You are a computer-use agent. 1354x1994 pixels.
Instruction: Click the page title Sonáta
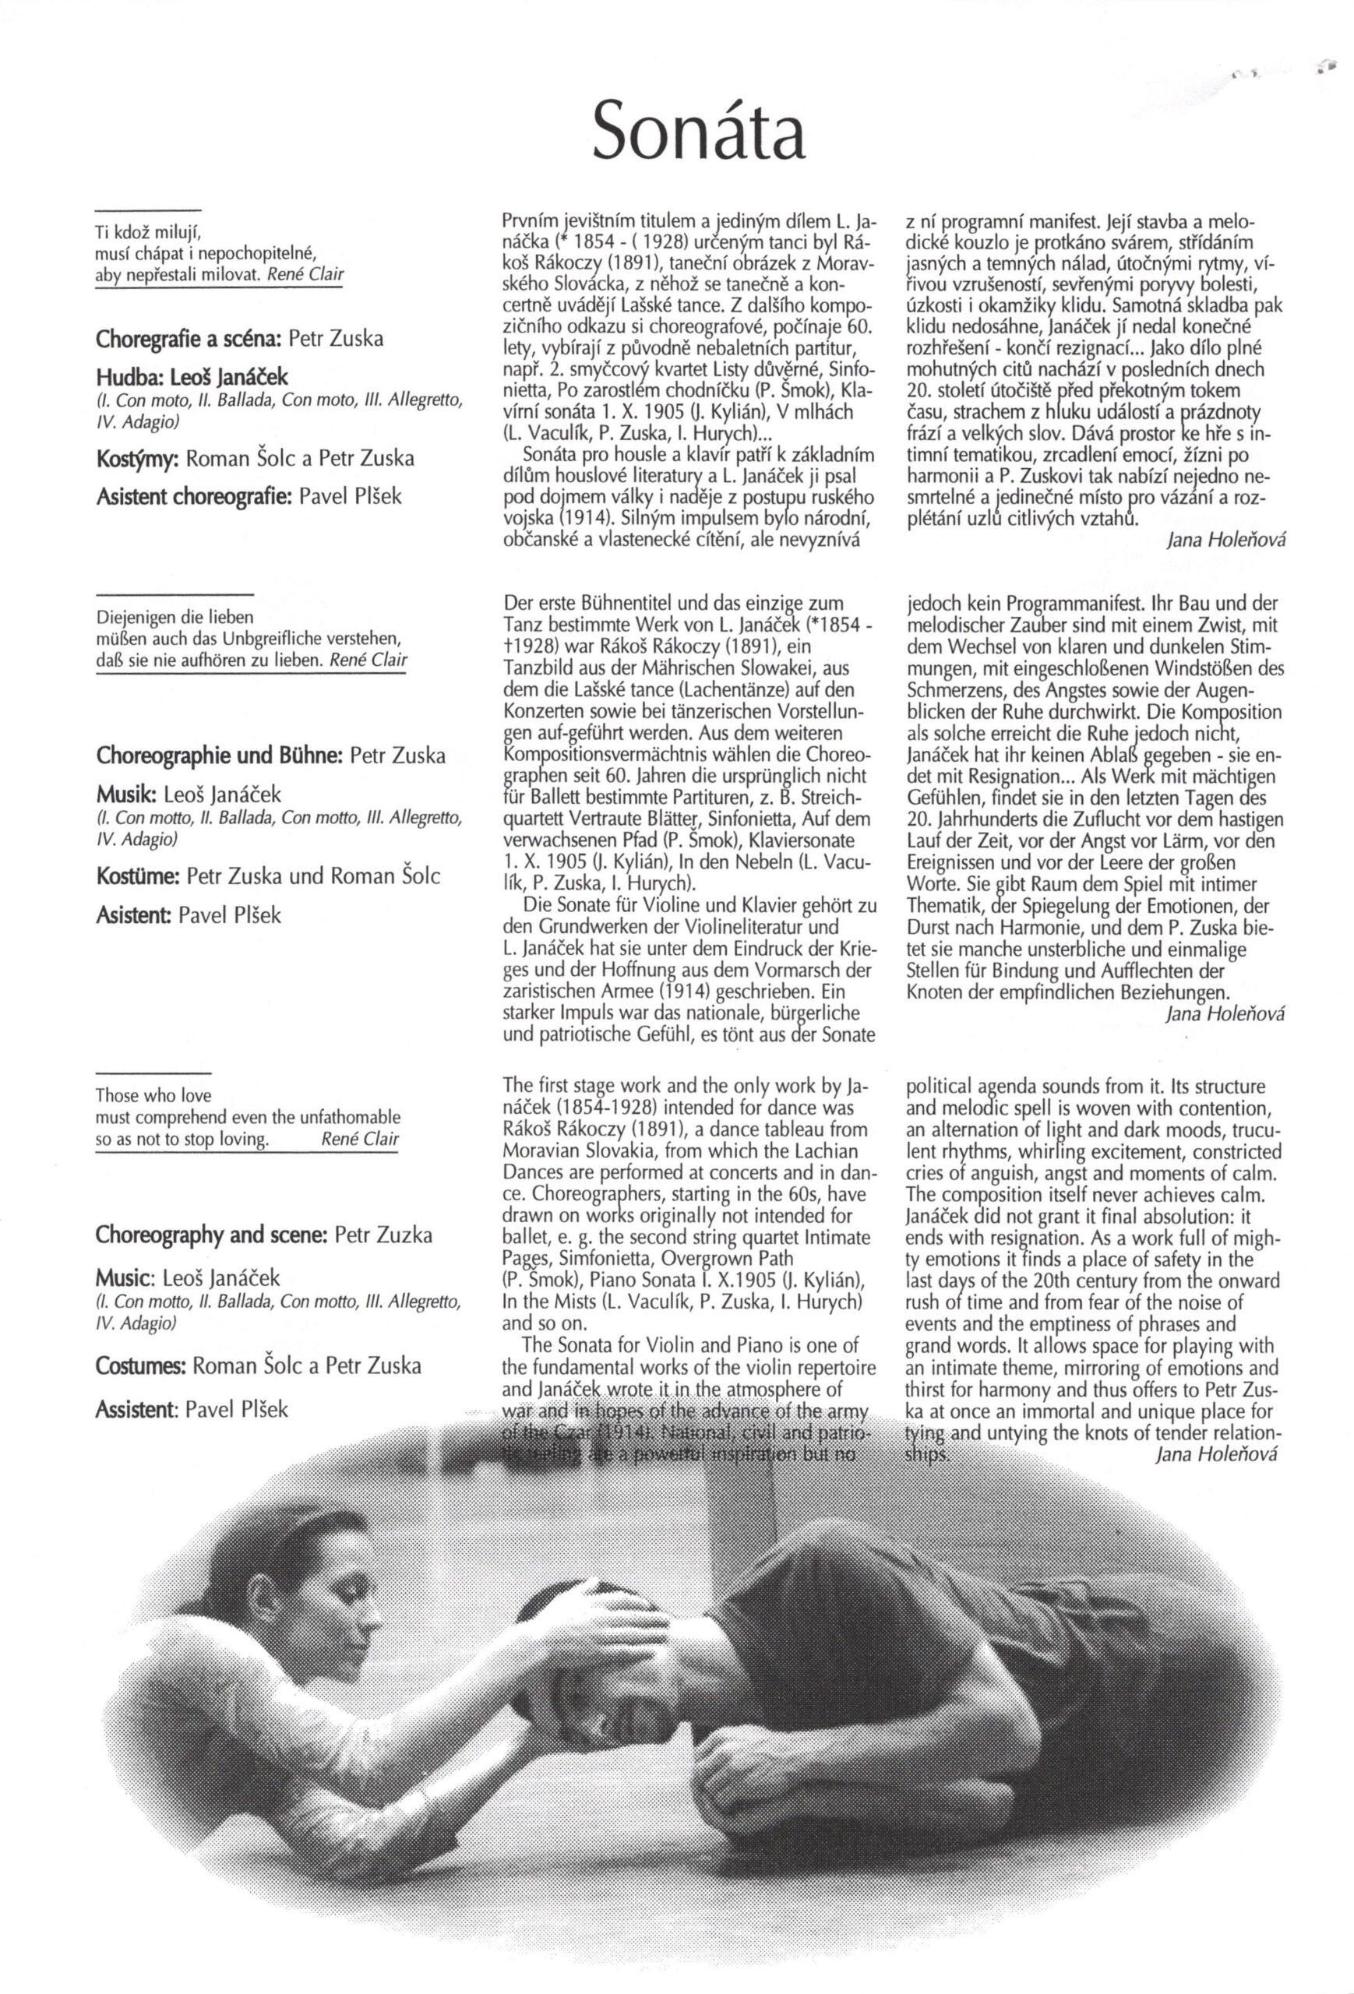coord(700,130)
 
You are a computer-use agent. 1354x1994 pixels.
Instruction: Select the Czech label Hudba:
coord(124,378)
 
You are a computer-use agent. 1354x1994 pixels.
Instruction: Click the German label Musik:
coord(120,795)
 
